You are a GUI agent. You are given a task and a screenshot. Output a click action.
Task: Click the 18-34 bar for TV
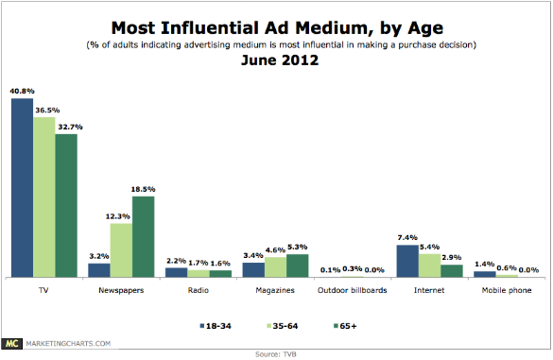[22, 187]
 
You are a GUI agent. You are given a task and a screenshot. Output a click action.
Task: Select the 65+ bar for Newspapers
[143, 236]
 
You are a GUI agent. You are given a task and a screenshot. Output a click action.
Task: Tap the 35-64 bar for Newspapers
[121, 249]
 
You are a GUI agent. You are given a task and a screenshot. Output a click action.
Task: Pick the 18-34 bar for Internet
[408, 261]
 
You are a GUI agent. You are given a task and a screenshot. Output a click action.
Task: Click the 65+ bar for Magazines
[297, 266]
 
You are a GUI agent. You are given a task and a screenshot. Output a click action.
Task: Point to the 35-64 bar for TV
[43, 197]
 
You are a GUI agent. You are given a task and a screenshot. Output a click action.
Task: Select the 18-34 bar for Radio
[177, 272]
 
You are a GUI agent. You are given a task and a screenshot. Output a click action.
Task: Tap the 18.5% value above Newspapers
[144, 188]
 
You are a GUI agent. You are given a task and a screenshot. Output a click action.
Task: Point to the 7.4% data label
[408, 236]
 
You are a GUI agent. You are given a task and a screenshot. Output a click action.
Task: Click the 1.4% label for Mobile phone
[485, 264]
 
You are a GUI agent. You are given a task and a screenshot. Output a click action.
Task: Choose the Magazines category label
[275, 290]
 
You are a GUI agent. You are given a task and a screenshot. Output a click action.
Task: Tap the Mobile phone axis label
[507, 290]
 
